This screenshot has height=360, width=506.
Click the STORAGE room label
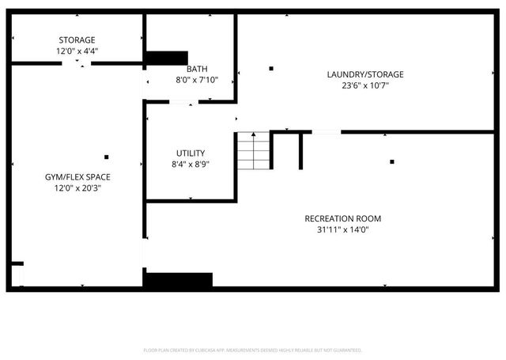pos(77,40)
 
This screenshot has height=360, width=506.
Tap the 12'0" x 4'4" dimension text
pos(77,51)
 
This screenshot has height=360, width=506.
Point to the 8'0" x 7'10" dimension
pos(197,80)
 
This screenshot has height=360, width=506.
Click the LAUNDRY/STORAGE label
pos(365,74)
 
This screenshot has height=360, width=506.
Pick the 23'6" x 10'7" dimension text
pos(365,85)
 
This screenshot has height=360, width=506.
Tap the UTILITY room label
pos(191,153)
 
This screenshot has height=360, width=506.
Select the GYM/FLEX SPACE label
pos(77,176)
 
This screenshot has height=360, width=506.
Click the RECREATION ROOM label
pos(343,218)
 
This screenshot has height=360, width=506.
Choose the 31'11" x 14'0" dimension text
pos(343,229)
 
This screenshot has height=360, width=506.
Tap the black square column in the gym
pos(107,157)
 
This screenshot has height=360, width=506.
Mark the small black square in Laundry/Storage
pos(271,69)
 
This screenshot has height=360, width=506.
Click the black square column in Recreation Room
pos(391,162)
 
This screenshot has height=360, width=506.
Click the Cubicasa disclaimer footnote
pos(252,349)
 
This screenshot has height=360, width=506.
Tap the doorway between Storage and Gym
pos(77,63)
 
